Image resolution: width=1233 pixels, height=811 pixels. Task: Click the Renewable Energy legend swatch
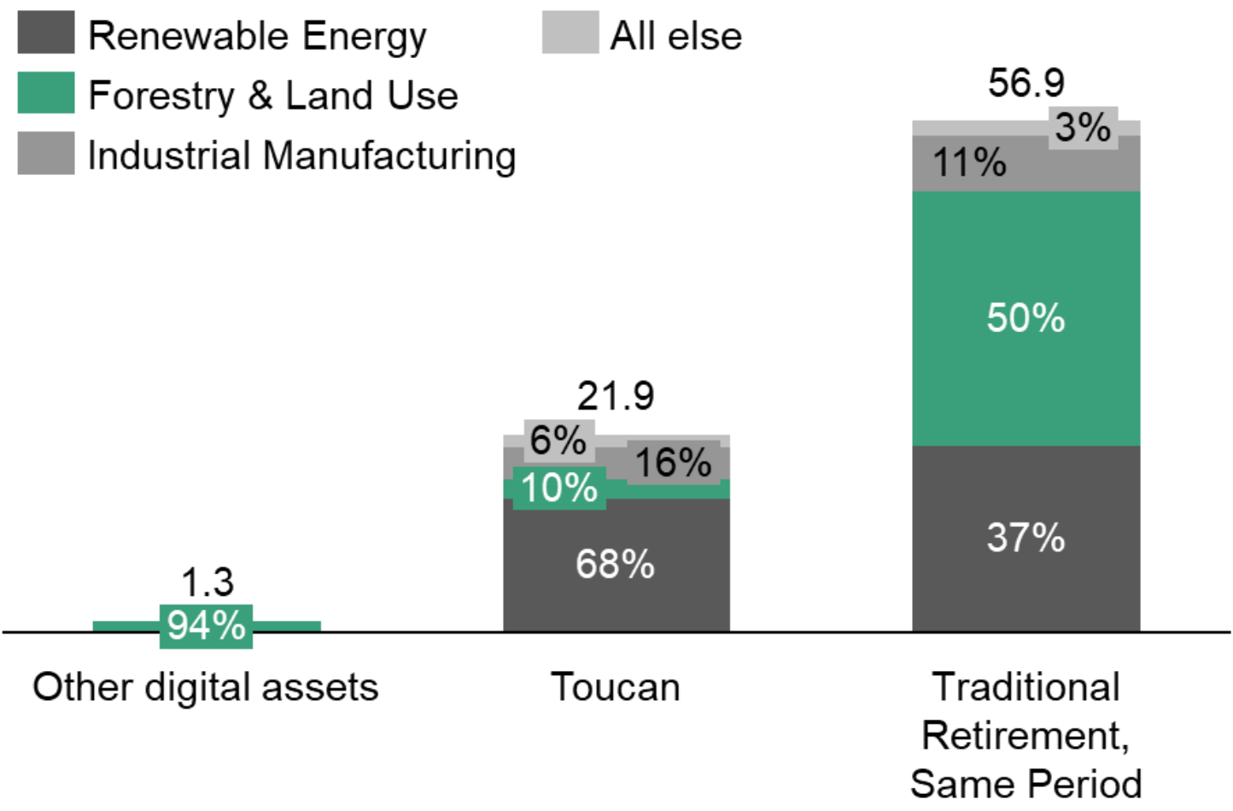(x=46, y=33)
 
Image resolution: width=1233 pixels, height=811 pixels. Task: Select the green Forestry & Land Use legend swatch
(x=46, y=93)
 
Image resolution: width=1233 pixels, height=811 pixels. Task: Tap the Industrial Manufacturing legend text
(x=301, y=155)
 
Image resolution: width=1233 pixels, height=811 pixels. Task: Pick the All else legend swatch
(x=570, y=33)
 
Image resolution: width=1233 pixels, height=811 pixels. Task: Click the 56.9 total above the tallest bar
(x=1026, y=84)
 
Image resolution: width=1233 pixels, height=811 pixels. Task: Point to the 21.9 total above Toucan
(x=615, y=396)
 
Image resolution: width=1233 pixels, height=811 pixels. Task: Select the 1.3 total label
(x=207, y=583)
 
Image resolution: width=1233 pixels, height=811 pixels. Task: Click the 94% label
(x=206, y=626)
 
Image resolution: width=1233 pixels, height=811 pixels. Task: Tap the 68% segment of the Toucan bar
(x=615, y=564)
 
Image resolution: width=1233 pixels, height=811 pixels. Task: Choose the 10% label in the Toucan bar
(x=559, y=488)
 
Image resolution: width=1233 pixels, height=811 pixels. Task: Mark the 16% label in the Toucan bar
(x=673, y=463)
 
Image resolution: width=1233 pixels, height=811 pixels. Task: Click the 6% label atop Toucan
(x=558, y=441)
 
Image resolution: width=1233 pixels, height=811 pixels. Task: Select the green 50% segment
(x=1026, y=318)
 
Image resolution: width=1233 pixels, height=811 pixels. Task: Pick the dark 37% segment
(x=1026, y=538)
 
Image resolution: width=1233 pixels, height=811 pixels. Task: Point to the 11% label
(x=969, y=162)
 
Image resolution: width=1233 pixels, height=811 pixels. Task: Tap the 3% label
(x=1083, y=128)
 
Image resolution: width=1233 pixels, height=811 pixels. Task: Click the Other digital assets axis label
(x=206, y=687)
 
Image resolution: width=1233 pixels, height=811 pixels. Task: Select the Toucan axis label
(x=615, y=687)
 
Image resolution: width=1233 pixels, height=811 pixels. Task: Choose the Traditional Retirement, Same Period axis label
(x=1026, y=735)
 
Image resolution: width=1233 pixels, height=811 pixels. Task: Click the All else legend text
(x=675, y=36)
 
